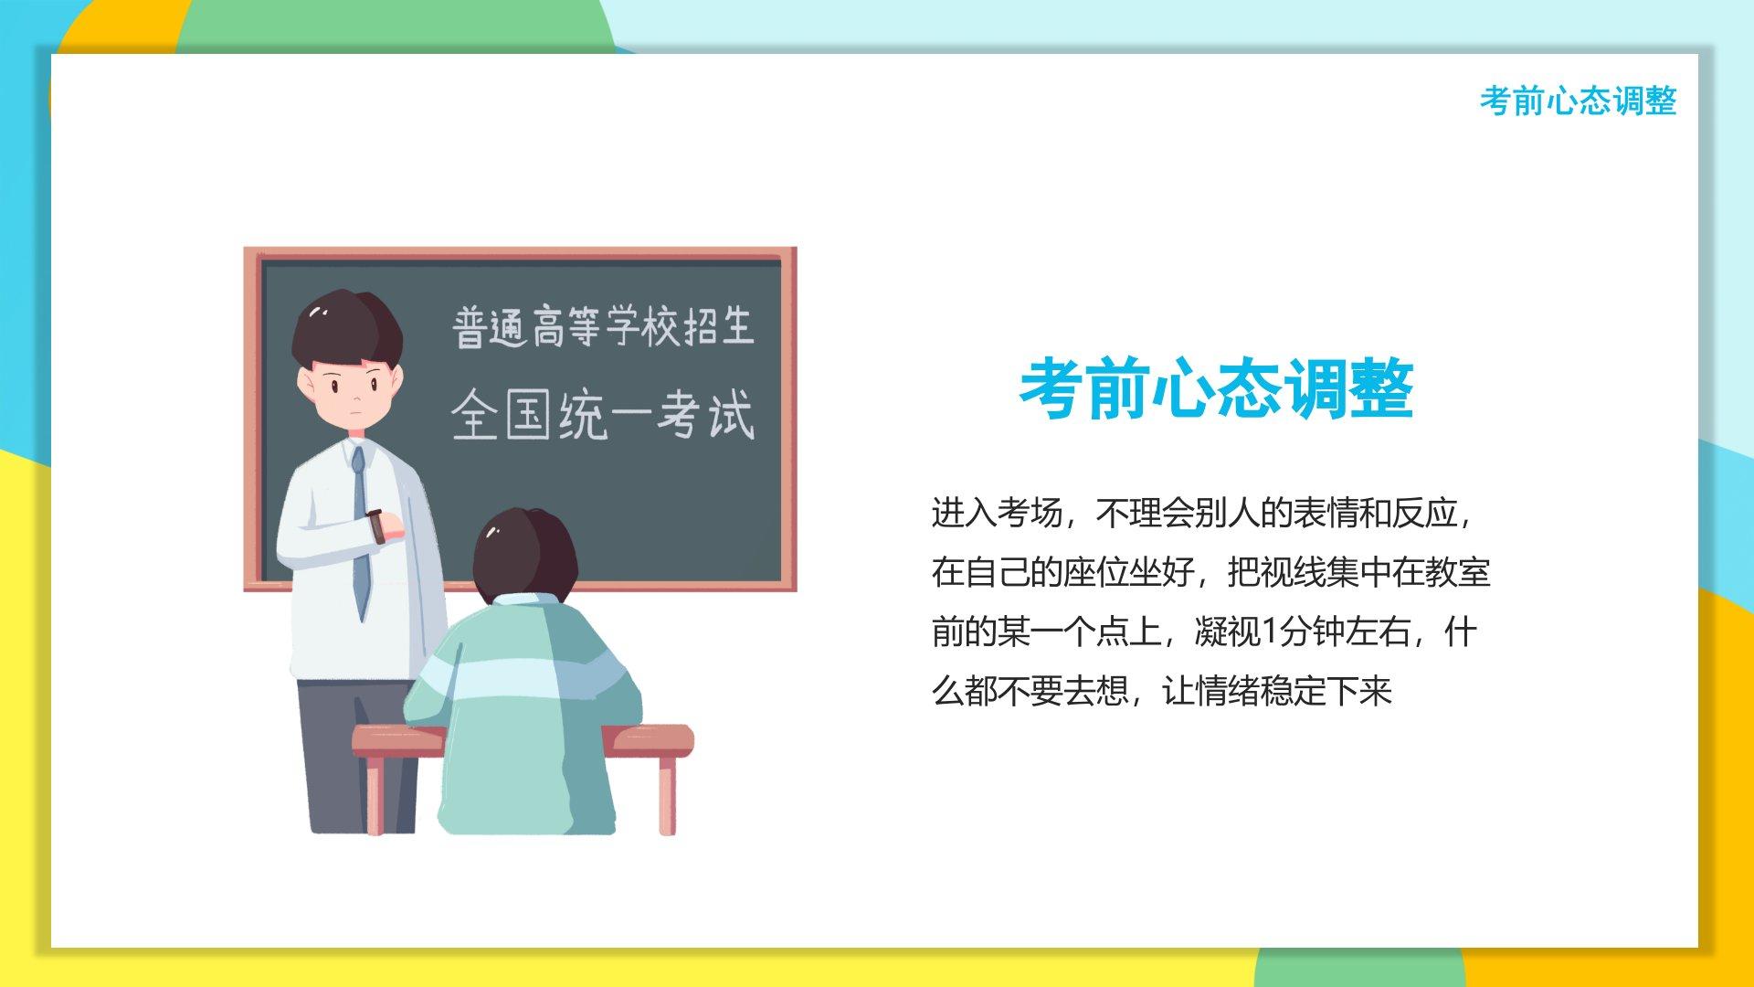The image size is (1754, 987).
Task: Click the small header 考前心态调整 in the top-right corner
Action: click(x=1578, y=101)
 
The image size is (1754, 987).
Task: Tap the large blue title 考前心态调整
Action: click(x=1217, y=389)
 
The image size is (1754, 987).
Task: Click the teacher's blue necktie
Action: click(x=361, y=530)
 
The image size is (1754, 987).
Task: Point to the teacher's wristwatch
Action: click(x=375, y=526)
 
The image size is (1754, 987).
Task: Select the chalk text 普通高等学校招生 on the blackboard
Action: click(x=603, y=327)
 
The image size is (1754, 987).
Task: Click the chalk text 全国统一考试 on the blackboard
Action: click(x=603, y=416)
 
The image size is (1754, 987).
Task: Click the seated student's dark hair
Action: click(x=525, y=553)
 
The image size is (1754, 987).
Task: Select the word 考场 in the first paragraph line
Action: click(x=1030, y=514)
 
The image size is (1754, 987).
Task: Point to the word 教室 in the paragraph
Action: click(x=1458, y=573)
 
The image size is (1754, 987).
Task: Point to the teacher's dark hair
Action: click(x=347, y=329)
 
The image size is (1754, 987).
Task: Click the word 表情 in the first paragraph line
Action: click(x=1326, y=514)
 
